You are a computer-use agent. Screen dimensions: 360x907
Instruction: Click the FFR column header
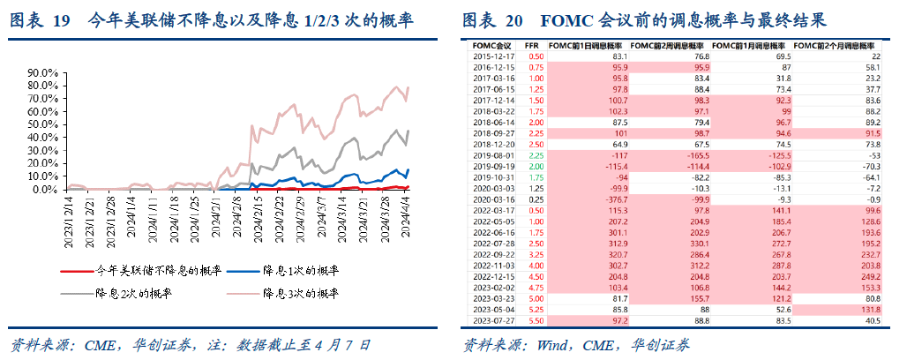[534, 44]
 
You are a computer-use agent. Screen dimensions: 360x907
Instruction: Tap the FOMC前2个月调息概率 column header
[835, 44]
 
